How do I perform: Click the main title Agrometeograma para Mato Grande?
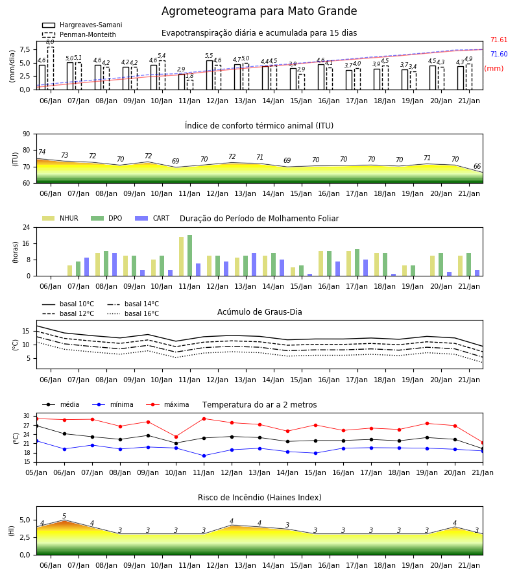259,11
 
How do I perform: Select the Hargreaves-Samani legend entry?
82,25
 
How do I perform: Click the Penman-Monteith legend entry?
79,34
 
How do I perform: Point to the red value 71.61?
499,40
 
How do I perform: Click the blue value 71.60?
499,54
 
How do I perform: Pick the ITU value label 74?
42,152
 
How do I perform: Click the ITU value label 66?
477,167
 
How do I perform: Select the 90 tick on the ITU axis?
27,134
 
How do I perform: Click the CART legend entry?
152,218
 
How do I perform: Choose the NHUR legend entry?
60,218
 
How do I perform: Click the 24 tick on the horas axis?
27,227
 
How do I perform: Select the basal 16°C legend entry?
133,313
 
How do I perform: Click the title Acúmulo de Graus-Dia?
259,311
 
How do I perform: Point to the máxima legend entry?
167,404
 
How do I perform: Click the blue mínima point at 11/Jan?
204,456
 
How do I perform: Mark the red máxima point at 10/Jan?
176,437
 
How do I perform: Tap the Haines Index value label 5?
64,517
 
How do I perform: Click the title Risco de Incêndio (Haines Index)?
259,498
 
